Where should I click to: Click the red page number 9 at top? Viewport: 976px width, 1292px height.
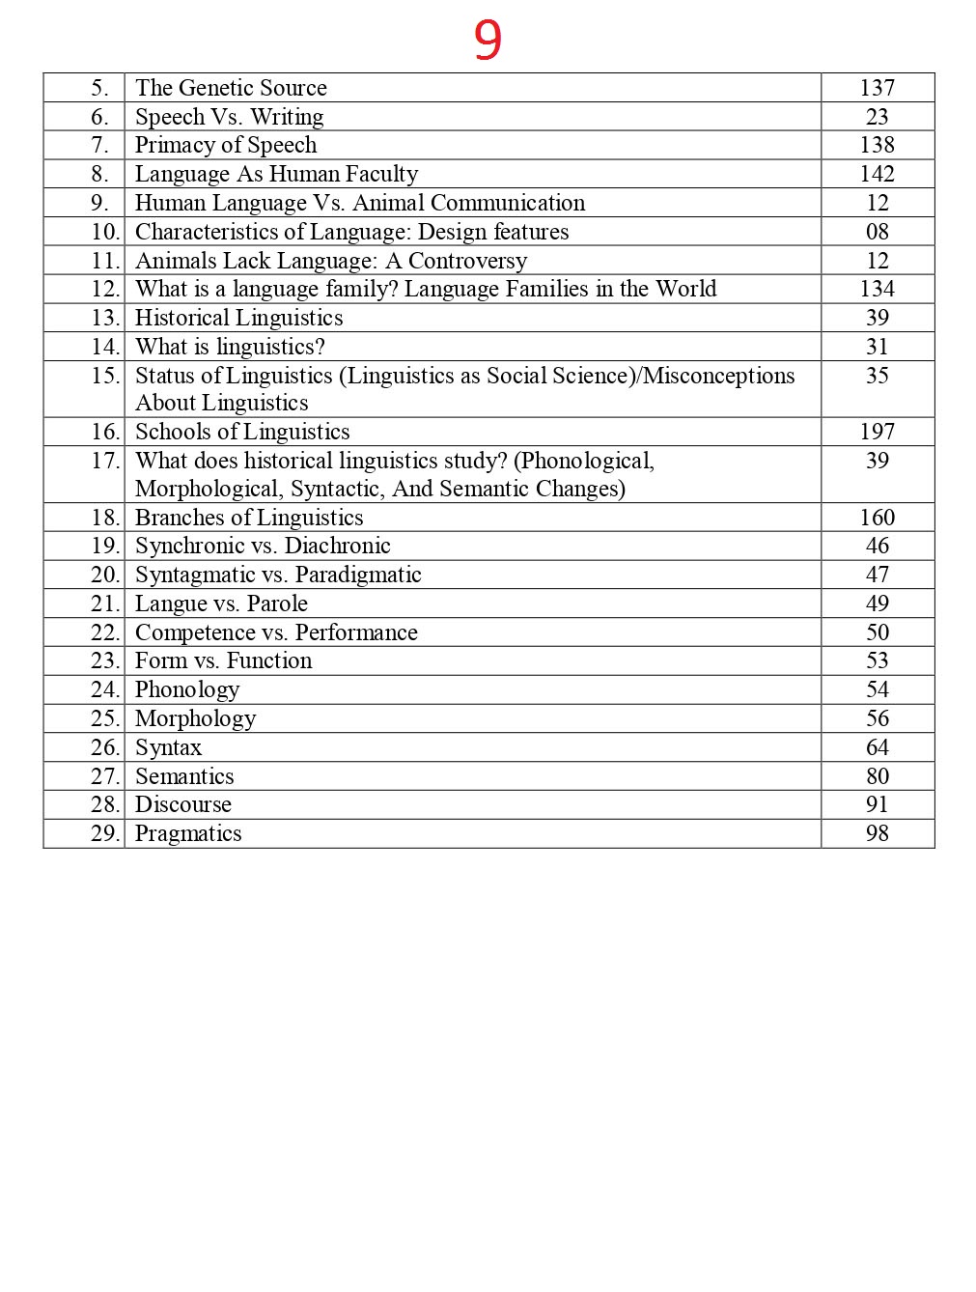[488, 41]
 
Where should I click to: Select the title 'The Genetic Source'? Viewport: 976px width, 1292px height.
[231, 88]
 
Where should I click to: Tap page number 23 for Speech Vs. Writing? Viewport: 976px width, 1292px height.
[877, 117]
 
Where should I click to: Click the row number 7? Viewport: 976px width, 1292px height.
[99, 145]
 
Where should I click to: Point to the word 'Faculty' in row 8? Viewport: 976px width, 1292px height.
[381, 174]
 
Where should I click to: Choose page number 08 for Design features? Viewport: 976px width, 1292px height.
[877, 232]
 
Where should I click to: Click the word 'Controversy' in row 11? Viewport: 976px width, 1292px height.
[467, 261]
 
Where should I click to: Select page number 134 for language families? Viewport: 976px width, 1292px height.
[877, 289]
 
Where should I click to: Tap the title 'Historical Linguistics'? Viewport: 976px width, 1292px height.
[238, 318]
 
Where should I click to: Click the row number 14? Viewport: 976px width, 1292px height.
[104, 347]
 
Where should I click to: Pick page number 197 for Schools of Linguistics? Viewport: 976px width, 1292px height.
[877, 432]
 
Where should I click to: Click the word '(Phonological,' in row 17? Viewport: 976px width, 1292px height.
[584, 461]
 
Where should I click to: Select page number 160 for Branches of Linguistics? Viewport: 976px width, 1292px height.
[877, 518]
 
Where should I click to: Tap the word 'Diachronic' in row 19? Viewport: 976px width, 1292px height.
[337, 546]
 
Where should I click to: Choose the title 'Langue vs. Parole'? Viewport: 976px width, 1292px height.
[221, 604]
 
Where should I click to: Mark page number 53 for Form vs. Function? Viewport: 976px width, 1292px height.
[877, 660]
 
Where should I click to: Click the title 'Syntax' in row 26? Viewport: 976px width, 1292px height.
[168, 747]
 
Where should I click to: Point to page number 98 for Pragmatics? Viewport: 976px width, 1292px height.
[877, 833]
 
